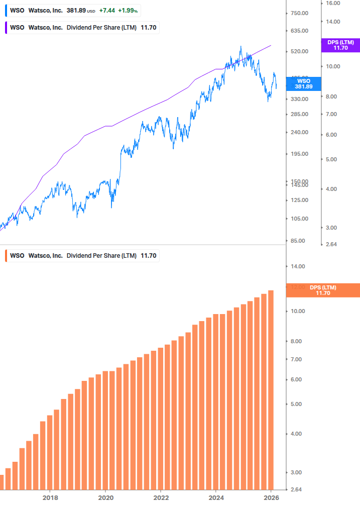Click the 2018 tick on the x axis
point(50,497)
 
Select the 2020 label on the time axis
point(105,497)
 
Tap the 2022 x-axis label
point(161,497)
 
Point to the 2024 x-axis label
point(215,497)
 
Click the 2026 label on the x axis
point(271,497)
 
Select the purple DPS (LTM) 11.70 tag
point(340,45)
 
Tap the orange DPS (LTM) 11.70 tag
point(323,290)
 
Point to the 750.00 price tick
point(299,13)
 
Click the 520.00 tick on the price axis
point(299,51)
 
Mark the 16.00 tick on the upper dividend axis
point(332,3)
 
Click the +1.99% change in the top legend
point(128,11)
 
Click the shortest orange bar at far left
point(2,482)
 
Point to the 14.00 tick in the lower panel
point(298,266)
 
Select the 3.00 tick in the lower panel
point(296,472)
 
